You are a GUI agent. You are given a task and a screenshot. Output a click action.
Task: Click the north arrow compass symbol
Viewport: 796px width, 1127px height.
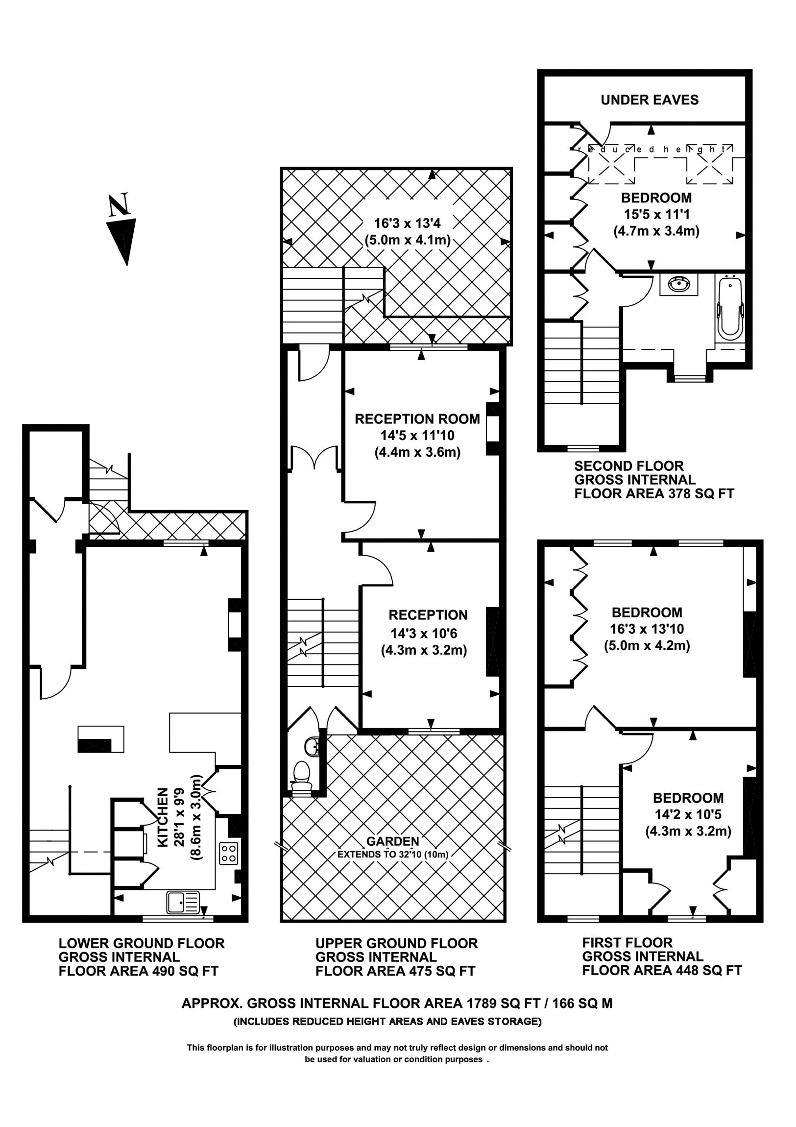pos(122,231)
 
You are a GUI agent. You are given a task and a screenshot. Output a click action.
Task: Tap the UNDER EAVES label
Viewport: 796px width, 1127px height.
pos(649,100)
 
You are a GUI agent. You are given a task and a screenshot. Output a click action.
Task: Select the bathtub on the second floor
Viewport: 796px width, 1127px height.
pos(730,308)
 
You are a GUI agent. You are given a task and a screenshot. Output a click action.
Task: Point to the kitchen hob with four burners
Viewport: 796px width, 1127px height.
pos(229,853)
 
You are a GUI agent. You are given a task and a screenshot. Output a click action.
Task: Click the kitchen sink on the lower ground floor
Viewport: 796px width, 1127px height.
pos(183,900)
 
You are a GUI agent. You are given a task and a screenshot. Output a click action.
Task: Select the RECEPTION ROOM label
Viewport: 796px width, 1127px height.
pos(417,419)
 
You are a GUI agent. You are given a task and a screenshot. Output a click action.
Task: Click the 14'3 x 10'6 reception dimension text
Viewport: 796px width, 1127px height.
pos(424,634)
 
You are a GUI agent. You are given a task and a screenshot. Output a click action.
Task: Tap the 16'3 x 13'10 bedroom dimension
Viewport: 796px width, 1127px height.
pos(647,629)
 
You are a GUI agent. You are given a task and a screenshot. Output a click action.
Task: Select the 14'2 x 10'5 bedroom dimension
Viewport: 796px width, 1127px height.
pos(688,815)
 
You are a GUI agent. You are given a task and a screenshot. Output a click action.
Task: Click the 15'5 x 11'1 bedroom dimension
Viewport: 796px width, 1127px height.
pos(656,215)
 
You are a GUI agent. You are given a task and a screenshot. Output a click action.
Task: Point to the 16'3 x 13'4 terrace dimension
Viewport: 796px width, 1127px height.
pos(408,224)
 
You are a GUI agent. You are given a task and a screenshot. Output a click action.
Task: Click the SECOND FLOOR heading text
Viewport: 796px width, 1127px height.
pos(628,466)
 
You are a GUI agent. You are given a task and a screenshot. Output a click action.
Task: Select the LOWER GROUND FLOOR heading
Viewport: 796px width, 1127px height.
pos(142,943)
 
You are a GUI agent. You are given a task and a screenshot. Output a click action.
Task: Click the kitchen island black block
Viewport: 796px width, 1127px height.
pos(94,745)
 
